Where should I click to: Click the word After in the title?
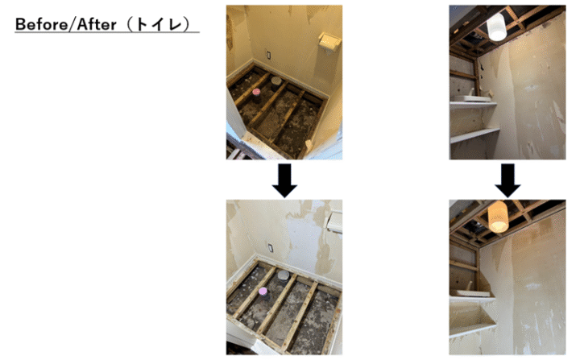97,24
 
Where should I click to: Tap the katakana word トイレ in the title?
159,24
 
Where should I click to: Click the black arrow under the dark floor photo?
284,180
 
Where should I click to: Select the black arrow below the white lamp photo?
507,180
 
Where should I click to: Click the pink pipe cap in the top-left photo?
256,92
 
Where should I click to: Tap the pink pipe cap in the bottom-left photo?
263,292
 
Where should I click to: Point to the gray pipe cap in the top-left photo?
276,81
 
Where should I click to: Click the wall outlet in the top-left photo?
268,55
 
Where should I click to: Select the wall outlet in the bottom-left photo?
271,248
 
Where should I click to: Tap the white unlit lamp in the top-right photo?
496,27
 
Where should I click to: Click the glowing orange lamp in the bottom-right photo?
498,217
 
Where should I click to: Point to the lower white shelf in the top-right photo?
475,135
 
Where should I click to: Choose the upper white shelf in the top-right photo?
473,105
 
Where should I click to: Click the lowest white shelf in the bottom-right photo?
472,329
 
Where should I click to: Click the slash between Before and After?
72,24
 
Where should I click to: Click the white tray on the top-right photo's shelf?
472,98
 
